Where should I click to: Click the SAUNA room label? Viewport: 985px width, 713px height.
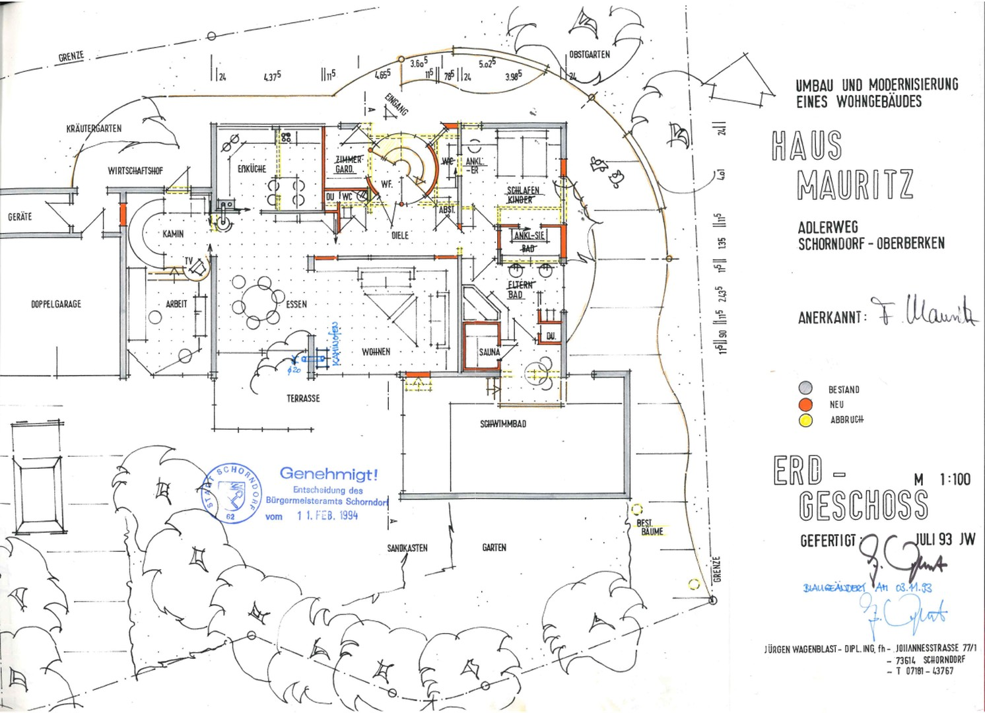pos(489,352)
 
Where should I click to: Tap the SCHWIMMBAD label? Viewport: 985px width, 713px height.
pos(503,424)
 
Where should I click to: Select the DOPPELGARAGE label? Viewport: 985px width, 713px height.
pos(56,304)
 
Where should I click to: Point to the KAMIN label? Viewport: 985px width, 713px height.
pos(173,234)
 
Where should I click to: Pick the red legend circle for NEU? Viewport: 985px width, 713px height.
pos(805,404)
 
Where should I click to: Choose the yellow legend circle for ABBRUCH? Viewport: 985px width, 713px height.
pos(805,420)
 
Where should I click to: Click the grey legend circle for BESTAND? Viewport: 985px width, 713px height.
pos(805,389)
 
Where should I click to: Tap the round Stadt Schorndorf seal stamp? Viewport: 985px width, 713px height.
pos(230,493)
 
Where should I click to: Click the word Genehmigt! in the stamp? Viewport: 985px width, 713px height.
pos(329,473)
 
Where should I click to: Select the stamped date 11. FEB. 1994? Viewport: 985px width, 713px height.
pos(327,516)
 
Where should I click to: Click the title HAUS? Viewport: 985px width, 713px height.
pos(807,146)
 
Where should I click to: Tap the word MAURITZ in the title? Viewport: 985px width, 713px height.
pos(855,185)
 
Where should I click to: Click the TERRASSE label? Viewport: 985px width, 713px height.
pos(303,399)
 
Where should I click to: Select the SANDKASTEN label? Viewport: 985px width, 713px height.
pos(407,548)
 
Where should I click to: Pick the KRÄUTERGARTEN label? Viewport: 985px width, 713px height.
pos(94,128)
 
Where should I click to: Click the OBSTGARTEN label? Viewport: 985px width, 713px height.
pos(590,55)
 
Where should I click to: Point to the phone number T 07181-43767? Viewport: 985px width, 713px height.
pos(924,671)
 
